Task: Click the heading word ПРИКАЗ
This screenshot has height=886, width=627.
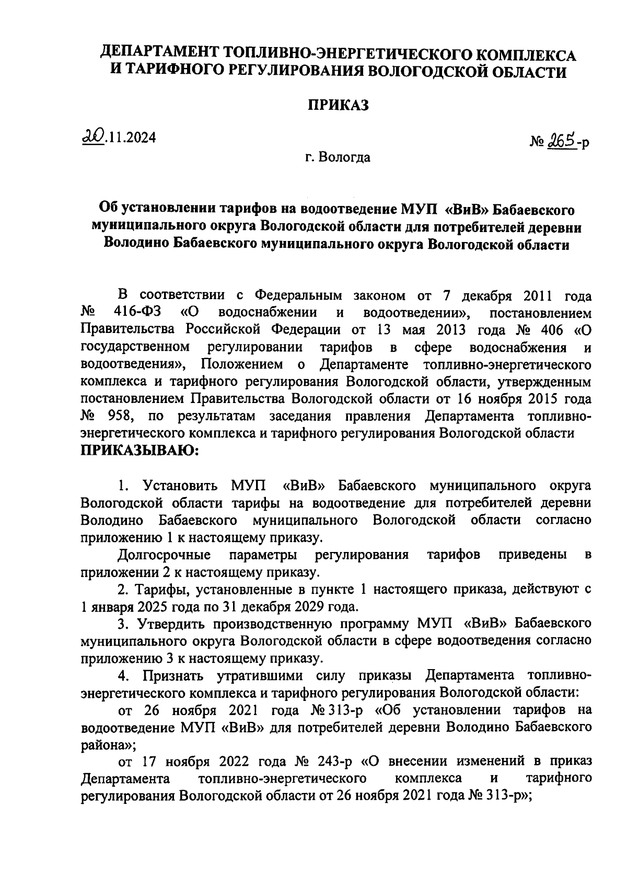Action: [x=337, y=105]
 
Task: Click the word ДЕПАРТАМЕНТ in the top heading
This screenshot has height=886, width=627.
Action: [x=160, y=53]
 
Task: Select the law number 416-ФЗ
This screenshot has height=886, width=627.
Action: [x=136, y=313]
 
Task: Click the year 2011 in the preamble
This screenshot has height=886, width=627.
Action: [x=538, y=295]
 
